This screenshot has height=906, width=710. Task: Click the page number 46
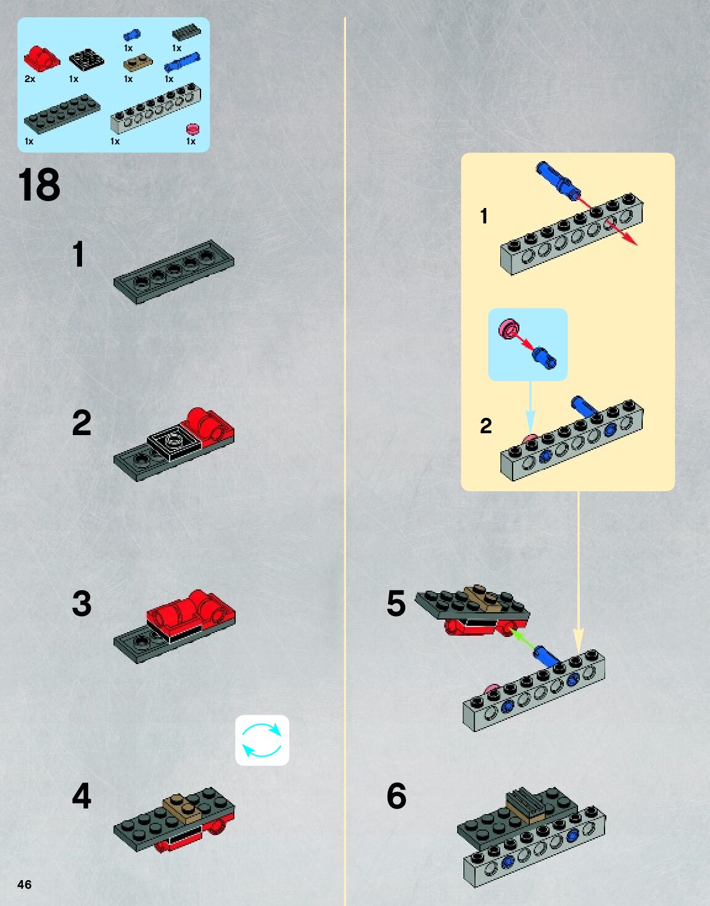pos(24,884)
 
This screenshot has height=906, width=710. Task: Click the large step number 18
pos(39,185)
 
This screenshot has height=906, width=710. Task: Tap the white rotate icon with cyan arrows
pos(262,740)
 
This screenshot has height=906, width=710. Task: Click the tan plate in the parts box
pos(138,64)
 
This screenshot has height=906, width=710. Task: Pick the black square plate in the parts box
pos(86,59)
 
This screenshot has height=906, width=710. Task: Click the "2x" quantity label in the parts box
pos(30,79)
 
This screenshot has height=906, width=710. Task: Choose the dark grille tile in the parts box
pos(186,33)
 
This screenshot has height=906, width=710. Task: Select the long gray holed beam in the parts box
pos(156,107)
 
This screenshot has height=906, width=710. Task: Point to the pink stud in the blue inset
pos(508,329)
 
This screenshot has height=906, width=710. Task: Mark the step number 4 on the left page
pos(81,796)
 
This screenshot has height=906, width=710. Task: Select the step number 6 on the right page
pos(396,796)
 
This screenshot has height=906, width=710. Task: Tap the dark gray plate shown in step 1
pos(174,272)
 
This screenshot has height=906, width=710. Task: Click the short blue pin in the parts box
pos(132,35)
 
